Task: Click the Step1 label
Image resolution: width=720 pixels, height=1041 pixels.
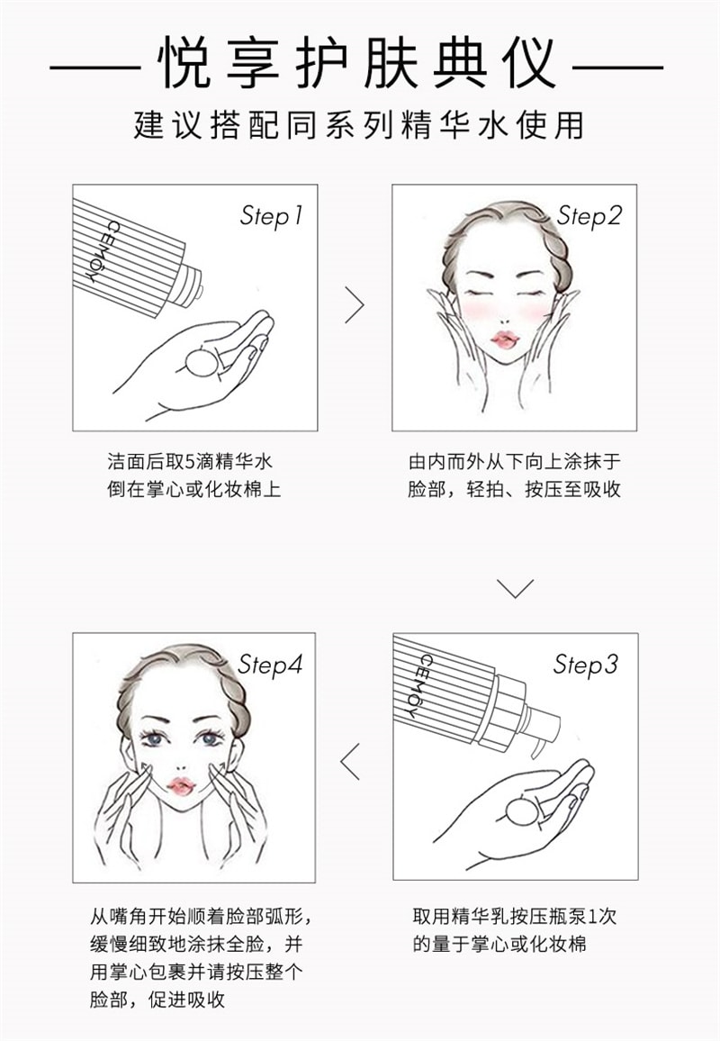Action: click(271, 216)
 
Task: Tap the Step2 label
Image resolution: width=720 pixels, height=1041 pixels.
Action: click(589, 216)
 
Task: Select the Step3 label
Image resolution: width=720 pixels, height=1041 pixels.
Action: click(586, 665)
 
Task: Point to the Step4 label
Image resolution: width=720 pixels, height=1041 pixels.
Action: click(270, 665)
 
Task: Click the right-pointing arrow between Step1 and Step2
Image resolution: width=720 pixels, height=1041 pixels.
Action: click(355, 305)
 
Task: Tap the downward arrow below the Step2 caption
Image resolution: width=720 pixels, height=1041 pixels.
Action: click(515, 588)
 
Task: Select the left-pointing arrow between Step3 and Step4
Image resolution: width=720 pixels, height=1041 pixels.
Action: click(351, 761)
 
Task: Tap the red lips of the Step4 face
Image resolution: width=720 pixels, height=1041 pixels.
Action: click(181, 786)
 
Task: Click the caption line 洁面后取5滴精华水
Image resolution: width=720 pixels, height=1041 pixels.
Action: click(188, 462)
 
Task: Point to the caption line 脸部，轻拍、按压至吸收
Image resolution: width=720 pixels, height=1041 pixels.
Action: click(514, 491)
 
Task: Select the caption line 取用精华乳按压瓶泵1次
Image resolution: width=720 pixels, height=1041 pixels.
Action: click(515, 917)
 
